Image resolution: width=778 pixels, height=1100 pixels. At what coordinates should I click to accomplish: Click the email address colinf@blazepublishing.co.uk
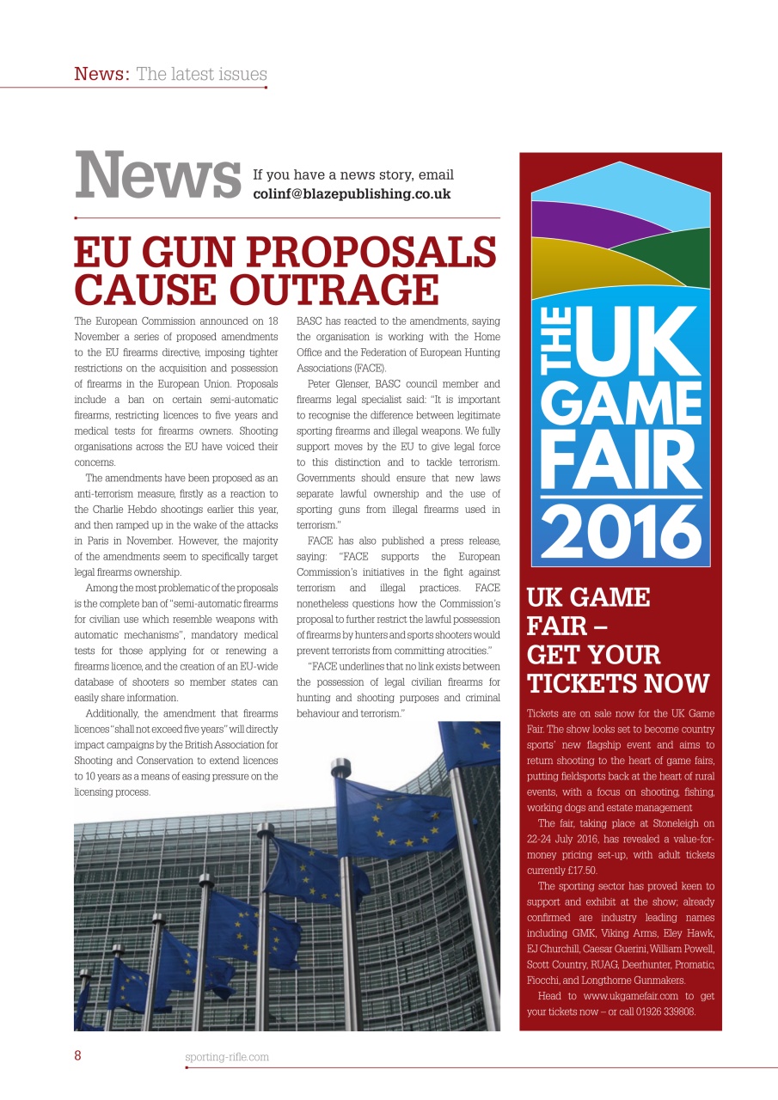point(352,194)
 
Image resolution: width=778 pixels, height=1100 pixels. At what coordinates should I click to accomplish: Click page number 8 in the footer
point(77,1056)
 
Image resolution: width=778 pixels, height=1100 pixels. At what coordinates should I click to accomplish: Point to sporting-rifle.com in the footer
point(227,1057)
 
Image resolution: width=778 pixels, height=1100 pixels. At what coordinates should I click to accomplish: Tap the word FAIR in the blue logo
point(621,460)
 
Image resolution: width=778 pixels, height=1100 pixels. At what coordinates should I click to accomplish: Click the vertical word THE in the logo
point(552,345)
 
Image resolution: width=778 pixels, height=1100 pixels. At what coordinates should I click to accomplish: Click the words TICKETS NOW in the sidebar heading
point(618,683)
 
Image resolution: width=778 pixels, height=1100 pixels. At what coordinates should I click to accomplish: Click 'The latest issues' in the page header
point(201,74)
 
